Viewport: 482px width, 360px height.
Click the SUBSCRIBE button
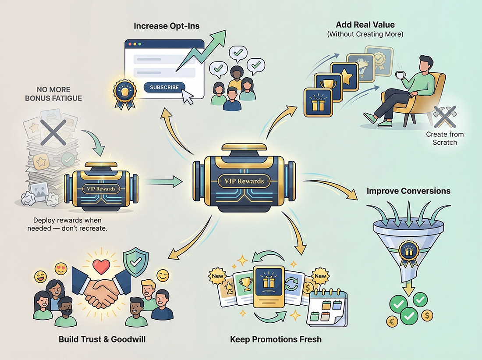pos(164,87)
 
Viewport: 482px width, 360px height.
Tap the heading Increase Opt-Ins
pos(167,26)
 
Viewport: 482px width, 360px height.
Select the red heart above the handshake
pos(101,267)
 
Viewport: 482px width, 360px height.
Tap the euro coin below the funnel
pos(392,322)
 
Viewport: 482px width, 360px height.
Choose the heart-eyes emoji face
pos(61,269)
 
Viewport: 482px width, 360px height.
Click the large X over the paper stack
pos(53,132)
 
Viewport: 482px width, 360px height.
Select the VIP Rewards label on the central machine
pos(244,181)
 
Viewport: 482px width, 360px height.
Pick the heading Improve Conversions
pos(408,191)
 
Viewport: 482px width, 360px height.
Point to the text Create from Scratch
pos(445,138)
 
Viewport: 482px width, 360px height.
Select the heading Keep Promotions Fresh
pos(276,339)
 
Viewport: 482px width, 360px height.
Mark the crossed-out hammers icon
pos(444,117)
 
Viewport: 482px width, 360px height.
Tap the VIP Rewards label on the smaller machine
pos(101,189)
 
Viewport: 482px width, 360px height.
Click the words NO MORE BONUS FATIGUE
pos(53,94)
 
